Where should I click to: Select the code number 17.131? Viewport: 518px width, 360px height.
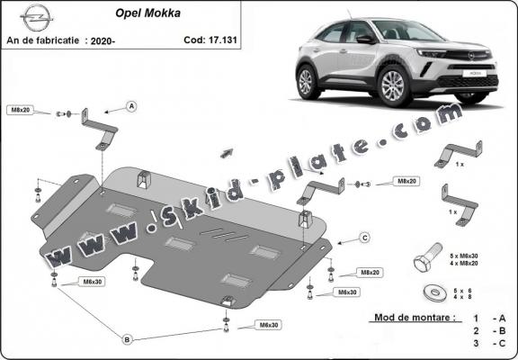[222, 40]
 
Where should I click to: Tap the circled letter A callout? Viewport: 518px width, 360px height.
[131, 107]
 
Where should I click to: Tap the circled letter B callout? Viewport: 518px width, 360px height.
[126, 338]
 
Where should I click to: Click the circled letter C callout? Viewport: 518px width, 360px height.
[365, 238]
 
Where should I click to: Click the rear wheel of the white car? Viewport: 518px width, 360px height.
[307, 83]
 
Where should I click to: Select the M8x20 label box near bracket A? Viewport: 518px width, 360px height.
[19, 110]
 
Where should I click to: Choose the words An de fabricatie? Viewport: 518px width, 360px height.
[43, 41]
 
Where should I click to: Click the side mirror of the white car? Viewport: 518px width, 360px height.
[364, 40]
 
